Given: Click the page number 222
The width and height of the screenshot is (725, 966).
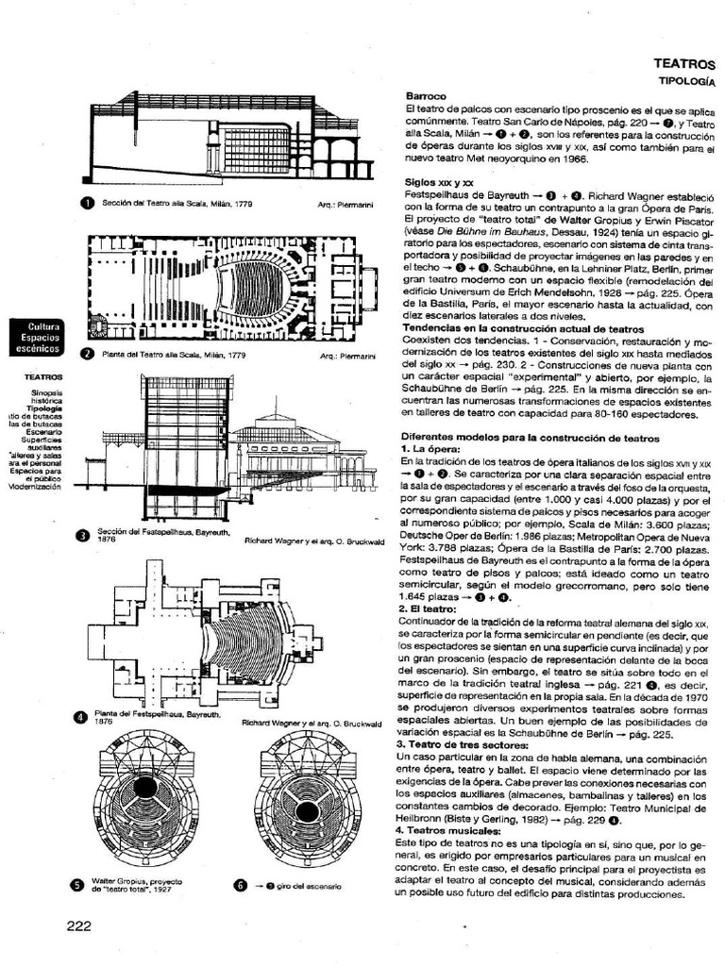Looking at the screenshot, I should (78, 925).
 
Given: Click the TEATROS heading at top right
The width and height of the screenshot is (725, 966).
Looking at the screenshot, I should (684, 64).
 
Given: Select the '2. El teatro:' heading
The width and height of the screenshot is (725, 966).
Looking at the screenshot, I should (435, 610).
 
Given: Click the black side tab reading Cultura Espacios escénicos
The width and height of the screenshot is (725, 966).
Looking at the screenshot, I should (36, 337).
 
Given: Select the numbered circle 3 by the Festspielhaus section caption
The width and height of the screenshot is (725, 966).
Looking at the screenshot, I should (82, 537).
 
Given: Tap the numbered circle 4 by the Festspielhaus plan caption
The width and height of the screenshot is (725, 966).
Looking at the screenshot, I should (81, 718).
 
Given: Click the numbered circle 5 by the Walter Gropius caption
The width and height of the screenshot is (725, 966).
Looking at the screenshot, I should (78, 885).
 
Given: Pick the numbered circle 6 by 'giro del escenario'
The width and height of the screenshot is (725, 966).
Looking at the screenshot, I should (241, 885).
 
